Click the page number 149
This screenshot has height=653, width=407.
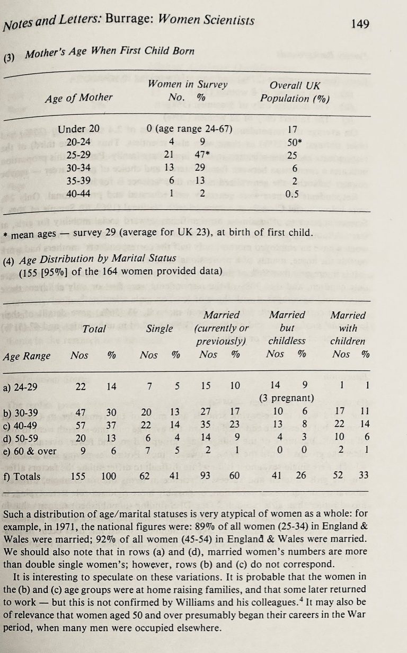click(360, 23)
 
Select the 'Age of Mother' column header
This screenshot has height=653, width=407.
click(79, 97)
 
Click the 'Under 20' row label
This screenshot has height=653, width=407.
click(79, 129)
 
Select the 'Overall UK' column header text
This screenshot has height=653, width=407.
click(295, 85)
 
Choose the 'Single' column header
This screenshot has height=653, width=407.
click(160, 329)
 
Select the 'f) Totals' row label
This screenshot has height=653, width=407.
click(22, 476)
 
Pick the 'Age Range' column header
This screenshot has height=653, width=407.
click(26, 356)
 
